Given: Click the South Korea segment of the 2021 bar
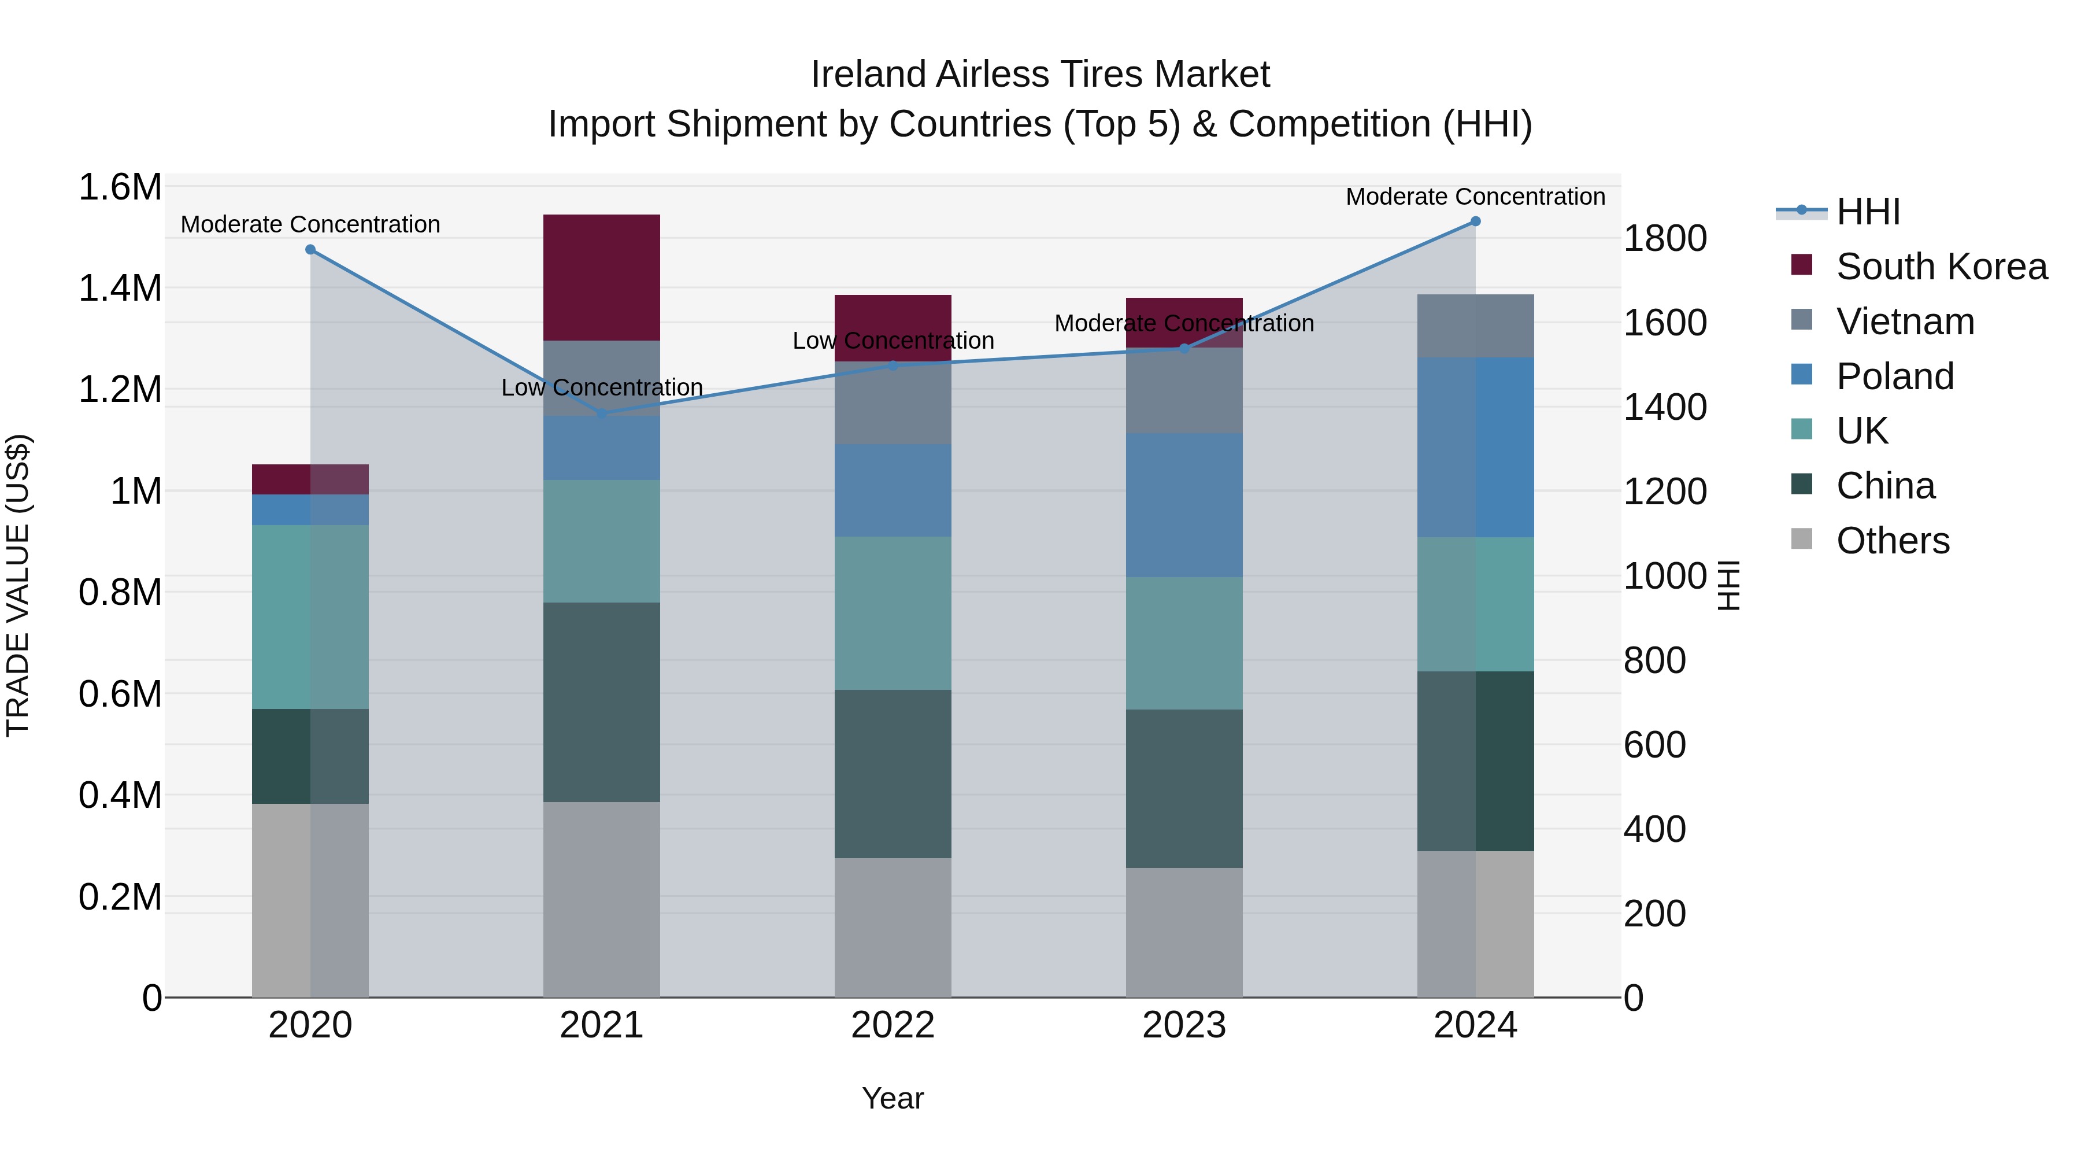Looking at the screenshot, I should tap(601, 277).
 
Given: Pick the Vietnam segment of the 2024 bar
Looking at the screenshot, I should tap(1475, 326).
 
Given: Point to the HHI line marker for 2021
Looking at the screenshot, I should tap(601, 414).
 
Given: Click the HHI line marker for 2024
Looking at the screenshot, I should tap(1475, 221).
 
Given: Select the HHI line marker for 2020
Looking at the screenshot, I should tap(310, 250).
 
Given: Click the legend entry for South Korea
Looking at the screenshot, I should tap(1941, 267).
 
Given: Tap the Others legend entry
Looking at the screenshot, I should tap(1892, 541).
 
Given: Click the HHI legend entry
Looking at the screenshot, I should tap(1867, 212).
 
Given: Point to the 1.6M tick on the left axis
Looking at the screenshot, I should tap(120, 187).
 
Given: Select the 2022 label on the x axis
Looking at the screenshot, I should tap(893, 1025).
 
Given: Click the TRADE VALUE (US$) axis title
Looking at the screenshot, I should tap(18, 585).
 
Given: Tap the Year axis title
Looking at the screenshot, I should tap(893, 1098).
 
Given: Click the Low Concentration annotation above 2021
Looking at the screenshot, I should tap(601, 388).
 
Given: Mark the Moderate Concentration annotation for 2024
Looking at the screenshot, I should tap(1475, 197).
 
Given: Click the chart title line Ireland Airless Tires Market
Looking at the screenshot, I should tap(1040, 75).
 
